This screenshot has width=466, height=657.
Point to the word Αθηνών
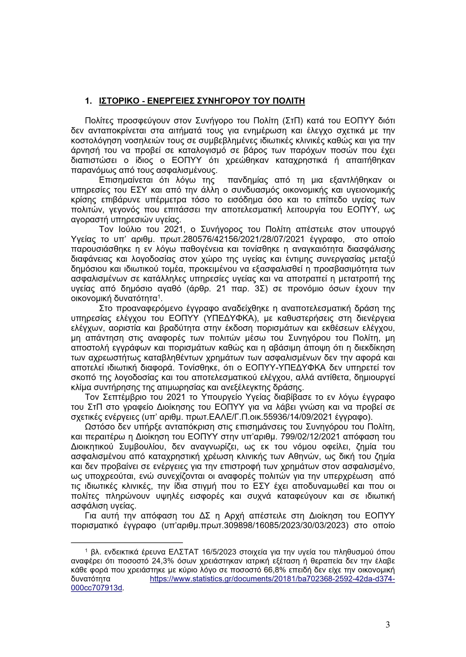[297, 456]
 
